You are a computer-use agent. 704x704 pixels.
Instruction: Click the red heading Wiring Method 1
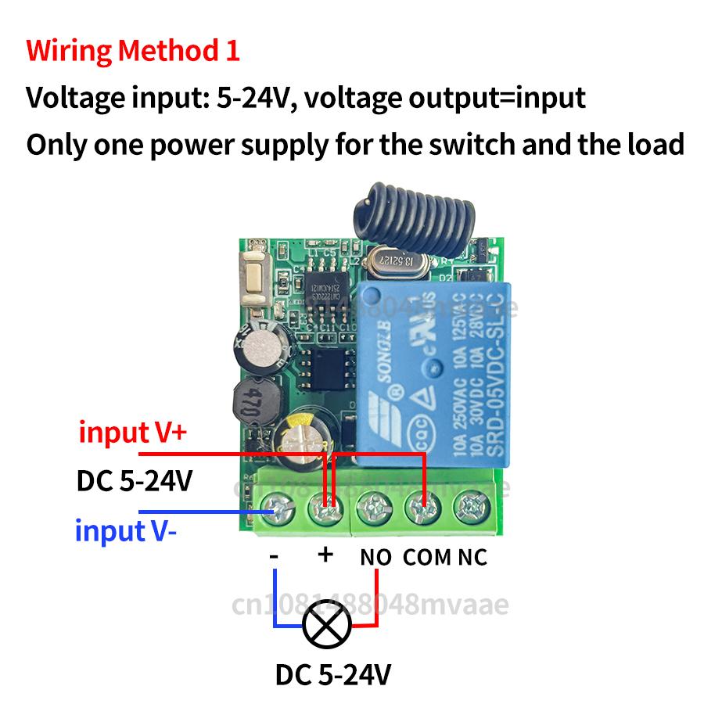[133, 51]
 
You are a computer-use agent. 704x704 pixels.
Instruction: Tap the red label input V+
[132, 432]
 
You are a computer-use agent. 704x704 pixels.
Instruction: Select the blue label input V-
[126, 531]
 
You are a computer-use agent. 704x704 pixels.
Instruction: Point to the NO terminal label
[376, 558]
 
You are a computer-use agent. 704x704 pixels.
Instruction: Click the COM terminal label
[427, 558]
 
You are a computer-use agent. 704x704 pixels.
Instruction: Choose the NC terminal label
[472, 558]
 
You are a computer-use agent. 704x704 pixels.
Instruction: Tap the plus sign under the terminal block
[325, 555]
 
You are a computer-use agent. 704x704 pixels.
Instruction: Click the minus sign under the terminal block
[274, 555]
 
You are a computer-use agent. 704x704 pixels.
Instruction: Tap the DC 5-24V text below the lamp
[333, 674]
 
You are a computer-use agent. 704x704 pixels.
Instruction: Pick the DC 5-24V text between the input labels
[134, 480]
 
